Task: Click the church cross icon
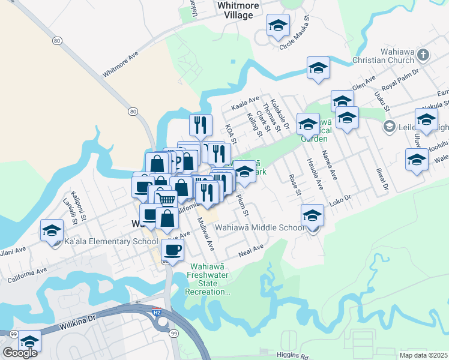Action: coord(423,55)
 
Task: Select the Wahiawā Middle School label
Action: coord(260,228)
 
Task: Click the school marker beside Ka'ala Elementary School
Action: coord(52,230)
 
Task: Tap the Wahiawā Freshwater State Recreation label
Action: coord(209,280)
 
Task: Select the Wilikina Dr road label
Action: coord(78,325)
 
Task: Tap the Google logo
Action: coord(20,353)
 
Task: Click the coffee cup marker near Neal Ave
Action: coord(172,250)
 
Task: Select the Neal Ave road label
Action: coord(250,249)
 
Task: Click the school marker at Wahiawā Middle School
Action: coord(312,215)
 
